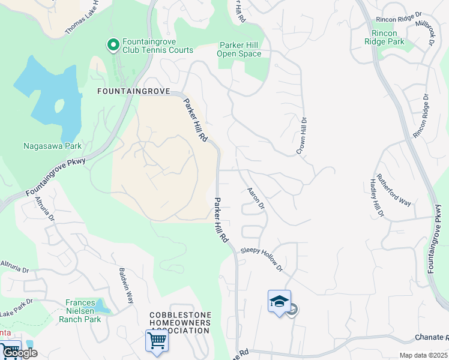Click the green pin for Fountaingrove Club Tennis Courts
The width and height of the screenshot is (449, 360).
112,46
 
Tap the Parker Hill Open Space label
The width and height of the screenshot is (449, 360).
240,49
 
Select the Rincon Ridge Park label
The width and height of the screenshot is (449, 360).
384,37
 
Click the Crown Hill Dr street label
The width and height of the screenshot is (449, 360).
301,136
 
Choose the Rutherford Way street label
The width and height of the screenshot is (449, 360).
394,190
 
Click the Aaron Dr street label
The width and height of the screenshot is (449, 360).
256,198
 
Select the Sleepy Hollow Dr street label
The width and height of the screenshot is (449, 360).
262,259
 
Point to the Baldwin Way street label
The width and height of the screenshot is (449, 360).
127,284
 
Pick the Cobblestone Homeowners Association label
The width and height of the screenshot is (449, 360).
180,323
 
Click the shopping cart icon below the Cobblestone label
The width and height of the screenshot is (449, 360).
157,341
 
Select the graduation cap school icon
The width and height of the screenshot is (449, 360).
279,301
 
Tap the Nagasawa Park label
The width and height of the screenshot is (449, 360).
52,145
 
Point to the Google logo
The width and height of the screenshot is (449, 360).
19,353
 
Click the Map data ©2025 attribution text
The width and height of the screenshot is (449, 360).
423,355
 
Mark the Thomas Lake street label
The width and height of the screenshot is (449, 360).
80,17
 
